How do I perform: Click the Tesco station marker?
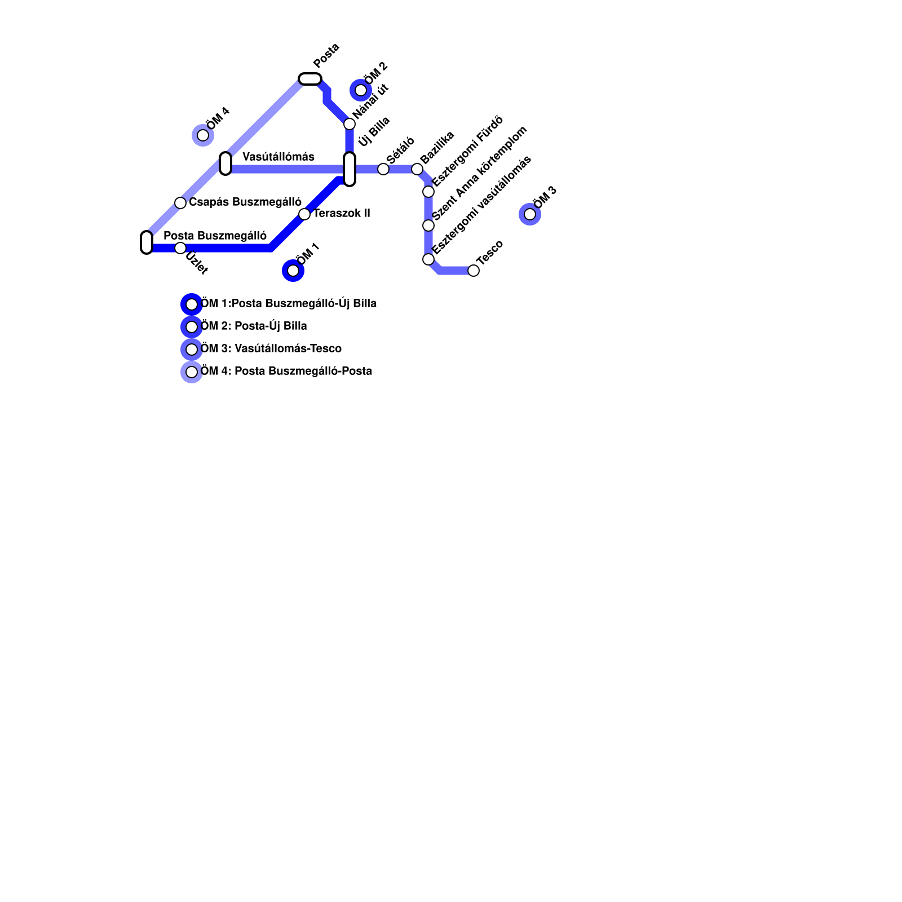tap(474, 271)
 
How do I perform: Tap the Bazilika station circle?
tap(417, 169)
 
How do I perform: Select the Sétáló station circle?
tap(383, 169)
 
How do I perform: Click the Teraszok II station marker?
tap(304, 214)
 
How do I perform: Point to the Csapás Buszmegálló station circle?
tap(180, 203)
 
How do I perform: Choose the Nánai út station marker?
tap(350, 124)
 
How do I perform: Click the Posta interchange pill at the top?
tap(310, 79)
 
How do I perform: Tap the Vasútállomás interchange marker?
tap(225, 163)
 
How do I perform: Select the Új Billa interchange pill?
tap(350, 169)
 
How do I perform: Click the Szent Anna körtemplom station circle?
tap(428, 225)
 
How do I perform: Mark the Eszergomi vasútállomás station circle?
tap(428, 259)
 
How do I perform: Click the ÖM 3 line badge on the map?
tap(530, 214)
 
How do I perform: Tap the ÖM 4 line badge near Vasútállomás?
tap(203, 135)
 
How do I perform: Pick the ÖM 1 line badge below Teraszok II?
tap(293, 271)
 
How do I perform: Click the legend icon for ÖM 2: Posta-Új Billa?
tap(192, 327)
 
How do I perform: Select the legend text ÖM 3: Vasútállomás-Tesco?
tap(271, 349)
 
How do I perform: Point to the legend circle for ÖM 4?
tap(192, 372)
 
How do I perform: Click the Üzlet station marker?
tap(180, 248)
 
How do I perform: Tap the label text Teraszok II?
tap(342, 214)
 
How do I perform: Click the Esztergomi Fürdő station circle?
tap(428, 192)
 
